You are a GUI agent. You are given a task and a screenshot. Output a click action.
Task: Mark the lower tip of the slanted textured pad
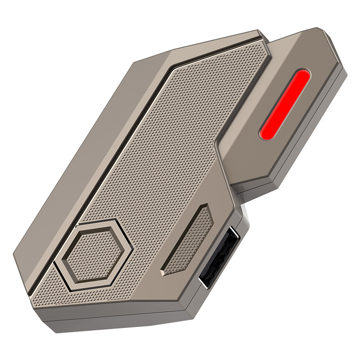point(165,272)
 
